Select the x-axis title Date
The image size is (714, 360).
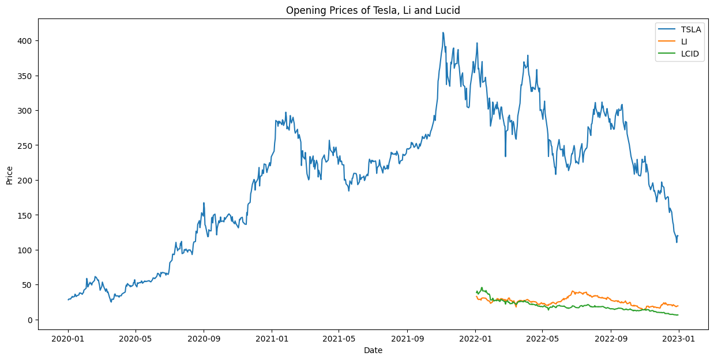tap(373, 350)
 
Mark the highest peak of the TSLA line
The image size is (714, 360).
tap(443, 32)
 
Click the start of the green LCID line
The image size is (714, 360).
tap(476, 292)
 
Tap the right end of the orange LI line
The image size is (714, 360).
tap(678, 306)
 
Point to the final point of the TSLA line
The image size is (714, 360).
tap(678, 235)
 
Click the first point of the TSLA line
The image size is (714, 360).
tap(68, 299)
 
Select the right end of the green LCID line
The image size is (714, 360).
tap(678, 315)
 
